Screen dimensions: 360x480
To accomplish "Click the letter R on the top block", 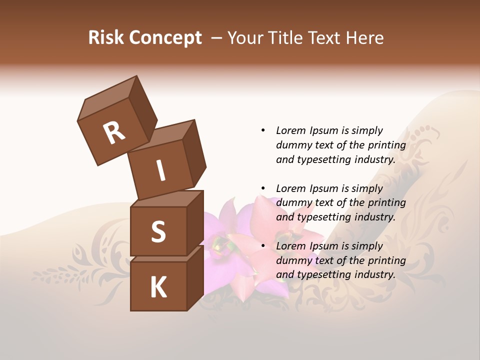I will pos(114,132).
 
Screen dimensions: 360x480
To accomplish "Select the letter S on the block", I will pos(158,231).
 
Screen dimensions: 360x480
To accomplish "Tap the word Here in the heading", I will pos(363,38).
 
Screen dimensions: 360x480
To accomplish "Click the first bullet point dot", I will pos(263,130).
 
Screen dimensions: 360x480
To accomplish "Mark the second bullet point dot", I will pos(263,188).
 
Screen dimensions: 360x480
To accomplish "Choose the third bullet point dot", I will pos(263,246).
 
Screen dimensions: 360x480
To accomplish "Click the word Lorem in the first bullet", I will pos(291,130).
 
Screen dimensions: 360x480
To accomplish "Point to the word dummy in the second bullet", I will pos(292,203).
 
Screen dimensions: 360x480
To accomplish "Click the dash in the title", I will pos(217,38).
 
